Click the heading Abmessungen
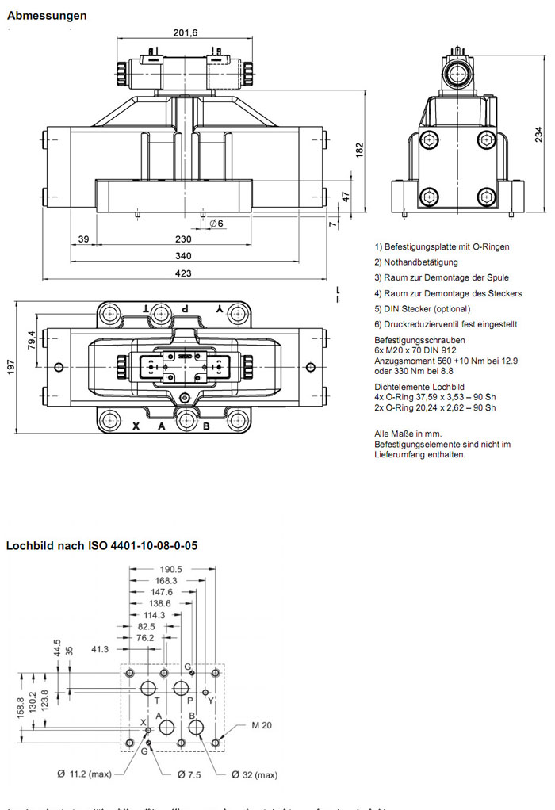pyautogui.click(x=47, y=16)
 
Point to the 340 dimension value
pyautogui.click(x=183, y=256)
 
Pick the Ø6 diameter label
pyautogui.click(x=216, y=224)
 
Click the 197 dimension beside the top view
pyautogui.click(x=11, y=369)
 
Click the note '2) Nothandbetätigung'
pyautogui.click(x=415, y=262)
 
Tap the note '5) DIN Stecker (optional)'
pyautogui.click(x=423, y=309)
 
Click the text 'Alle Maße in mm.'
pyautogui.click(x=407, y=434)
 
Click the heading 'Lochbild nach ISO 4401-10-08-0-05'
pyautogui.click(x=101, y=546)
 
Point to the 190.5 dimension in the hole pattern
pyautogui.click(x=170, y=569)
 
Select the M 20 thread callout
pyautogui.click(x=262, y=725)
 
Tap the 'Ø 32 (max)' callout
pyautogui.click(x=255, y=774)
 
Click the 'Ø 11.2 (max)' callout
pyautogui.click(x=82, y=774)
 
